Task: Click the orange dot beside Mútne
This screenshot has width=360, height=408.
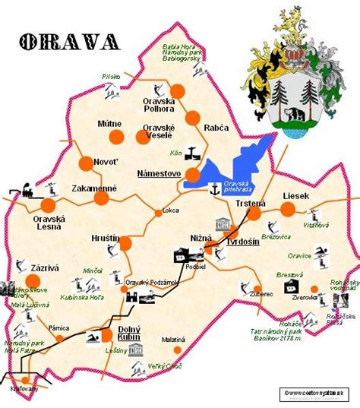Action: pos(116,138)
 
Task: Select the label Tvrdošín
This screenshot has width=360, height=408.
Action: pos(242,242)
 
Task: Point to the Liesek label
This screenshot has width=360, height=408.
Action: pos(296,195)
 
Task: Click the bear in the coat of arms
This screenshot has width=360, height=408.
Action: pos(294,116)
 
